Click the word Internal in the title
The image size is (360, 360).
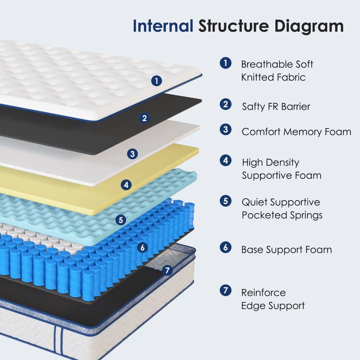point(162,26)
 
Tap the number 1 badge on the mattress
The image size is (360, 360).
point(157,80)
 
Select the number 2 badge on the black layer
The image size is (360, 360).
point(144,118)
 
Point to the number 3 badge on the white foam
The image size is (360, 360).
point(132,154)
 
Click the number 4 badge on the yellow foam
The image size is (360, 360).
point(126,185)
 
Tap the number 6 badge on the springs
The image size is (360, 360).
point(142,247)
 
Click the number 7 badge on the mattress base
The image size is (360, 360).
point(167,270)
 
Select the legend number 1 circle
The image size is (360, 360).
point(225,63)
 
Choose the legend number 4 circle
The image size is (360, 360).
point(225,161)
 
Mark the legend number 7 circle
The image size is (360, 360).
point(225,290)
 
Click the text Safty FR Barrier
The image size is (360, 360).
point(276,106)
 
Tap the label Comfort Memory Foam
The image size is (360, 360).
point(296,132)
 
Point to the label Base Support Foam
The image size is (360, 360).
point(286,249)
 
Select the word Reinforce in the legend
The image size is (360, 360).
point(263,292)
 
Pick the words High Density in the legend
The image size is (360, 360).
point(270,162)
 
